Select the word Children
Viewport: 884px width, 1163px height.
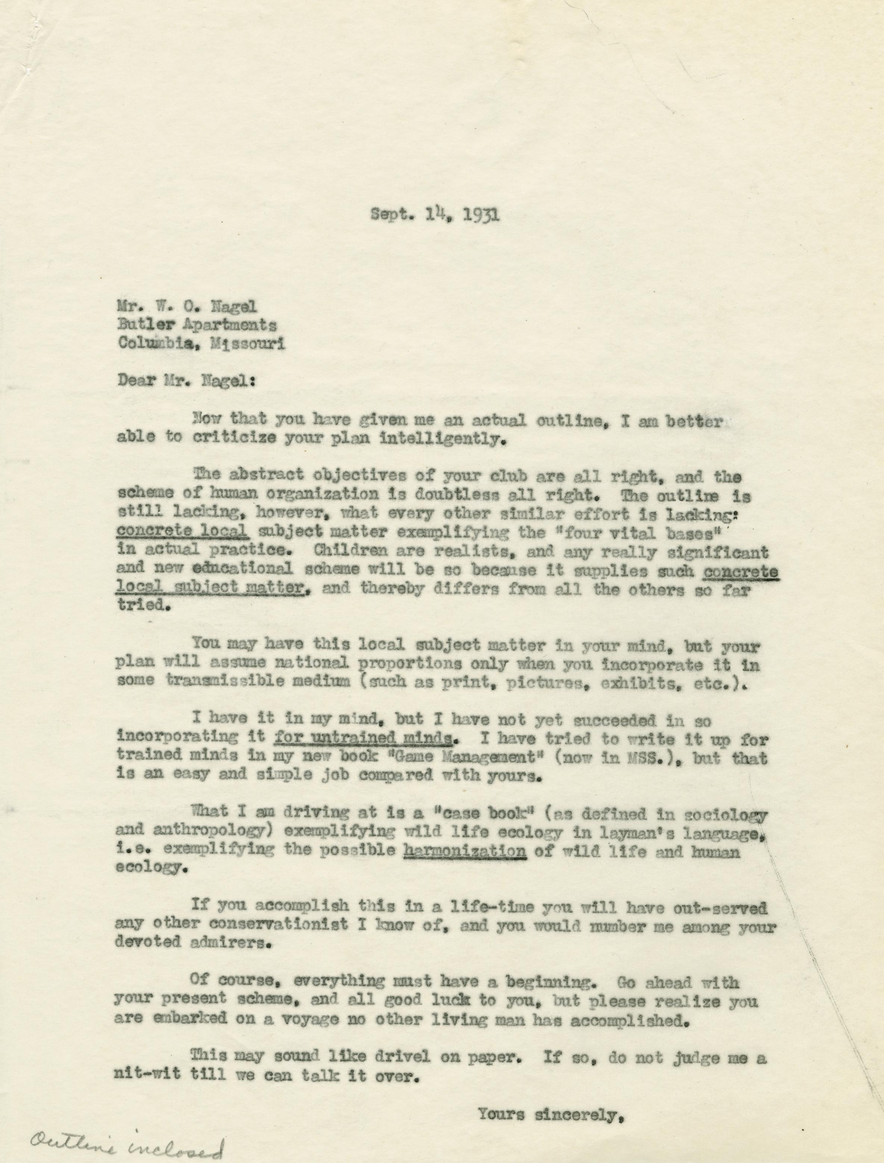[x=336, y=552]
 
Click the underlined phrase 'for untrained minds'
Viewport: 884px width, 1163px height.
[x=364, y=739]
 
